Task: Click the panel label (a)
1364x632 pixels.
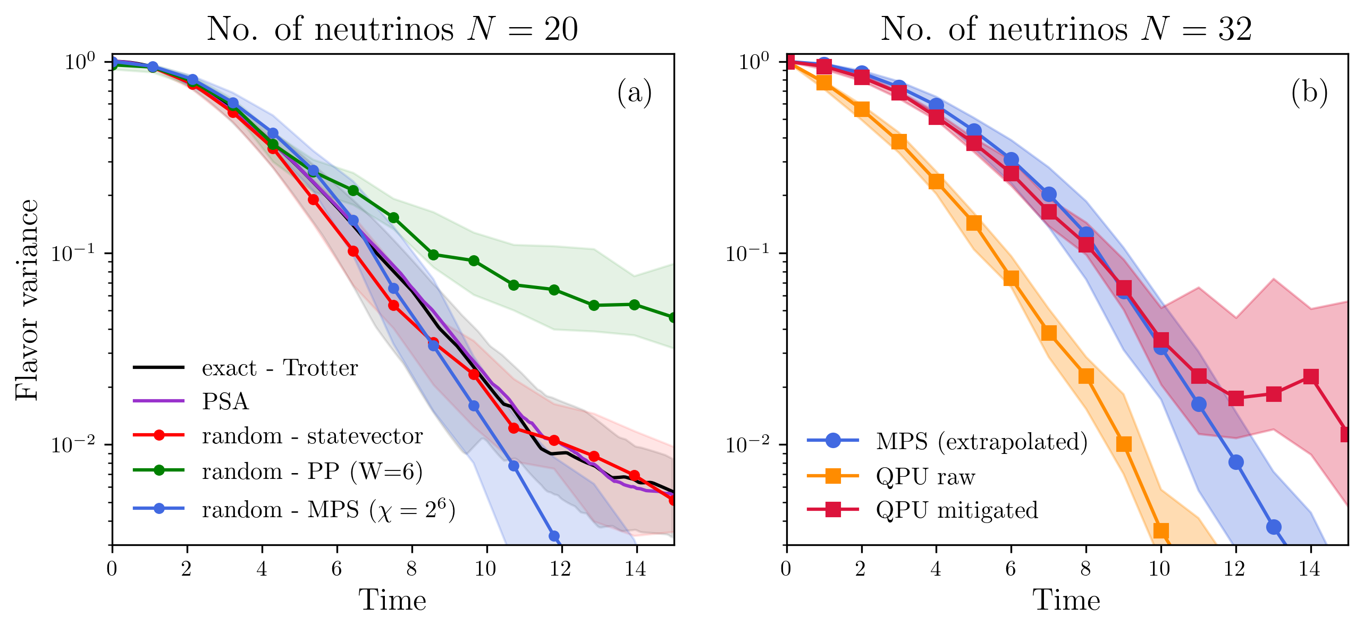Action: (634, 93)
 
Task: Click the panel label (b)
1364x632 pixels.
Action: (1309, 93)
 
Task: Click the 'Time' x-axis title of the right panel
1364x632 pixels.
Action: (1066, 600)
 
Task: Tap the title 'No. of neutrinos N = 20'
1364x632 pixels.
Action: (392, 29)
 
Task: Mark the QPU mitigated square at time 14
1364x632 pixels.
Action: (1311, 377)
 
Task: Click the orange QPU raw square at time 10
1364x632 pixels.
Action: (1161, 530)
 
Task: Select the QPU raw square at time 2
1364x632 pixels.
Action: (862, 109)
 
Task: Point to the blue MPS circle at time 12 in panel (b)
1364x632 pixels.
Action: (1236, 462)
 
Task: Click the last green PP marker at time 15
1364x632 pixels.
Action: (673, 317)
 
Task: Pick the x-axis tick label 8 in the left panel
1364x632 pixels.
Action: (411, 569)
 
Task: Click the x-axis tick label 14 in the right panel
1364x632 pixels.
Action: (1310, 569)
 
